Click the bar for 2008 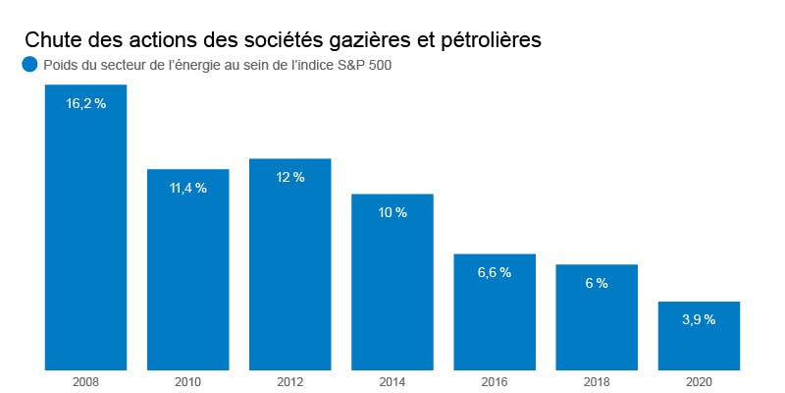85,236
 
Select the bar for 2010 187,275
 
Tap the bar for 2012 289,270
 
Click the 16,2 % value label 85,103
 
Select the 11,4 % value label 187,188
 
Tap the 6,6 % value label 495,272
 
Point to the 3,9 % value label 699,319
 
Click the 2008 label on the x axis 85,380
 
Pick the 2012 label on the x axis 289,380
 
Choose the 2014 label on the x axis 392,380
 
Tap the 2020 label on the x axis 699,380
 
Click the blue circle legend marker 28,66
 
